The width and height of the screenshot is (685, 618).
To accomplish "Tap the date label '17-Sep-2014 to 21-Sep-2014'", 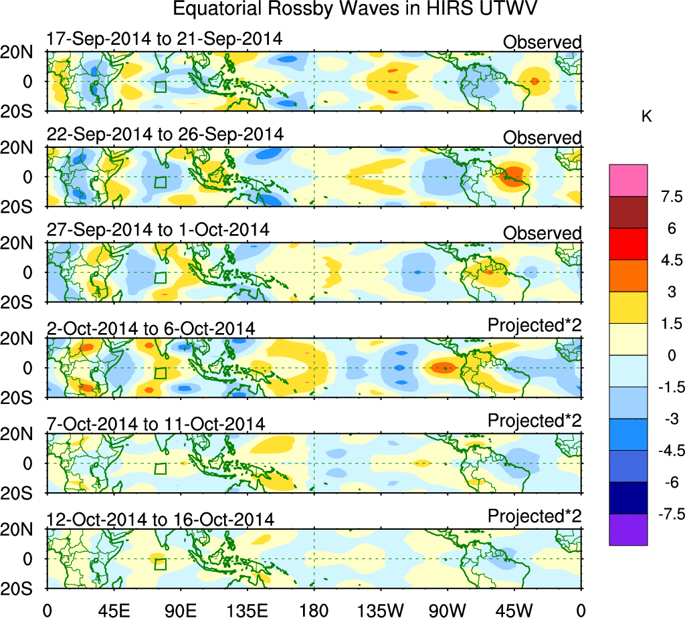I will click(x=165, y=39).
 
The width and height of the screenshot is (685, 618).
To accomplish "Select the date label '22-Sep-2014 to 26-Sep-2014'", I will click(x=165, y=134).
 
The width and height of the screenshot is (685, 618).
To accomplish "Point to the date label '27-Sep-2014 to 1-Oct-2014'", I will click(x=158, y=230).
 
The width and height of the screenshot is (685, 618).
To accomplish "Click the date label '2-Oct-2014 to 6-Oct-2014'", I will click(x=151, y=328).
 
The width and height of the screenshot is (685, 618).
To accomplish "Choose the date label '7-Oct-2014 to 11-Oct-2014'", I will click(x=156, y=424).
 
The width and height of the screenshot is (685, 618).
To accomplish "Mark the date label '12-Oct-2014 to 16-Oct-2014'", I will click(x=160, y=520).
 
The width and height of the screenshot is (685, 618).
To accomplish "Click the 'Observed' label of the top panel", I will click(x=542, y=43).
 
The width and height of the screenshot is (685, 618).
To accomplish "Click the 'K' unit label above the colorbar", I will click(x=646, y=117).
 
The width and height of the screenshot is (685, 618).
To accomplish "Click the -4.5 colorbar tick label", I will click(x=669, y=451).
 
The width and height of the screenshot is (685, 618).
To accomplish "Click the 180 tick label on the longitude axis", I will click(x=314, y=609).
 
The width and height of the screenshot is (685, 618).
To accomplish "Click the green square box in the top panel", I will click(x=160, y=86).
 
